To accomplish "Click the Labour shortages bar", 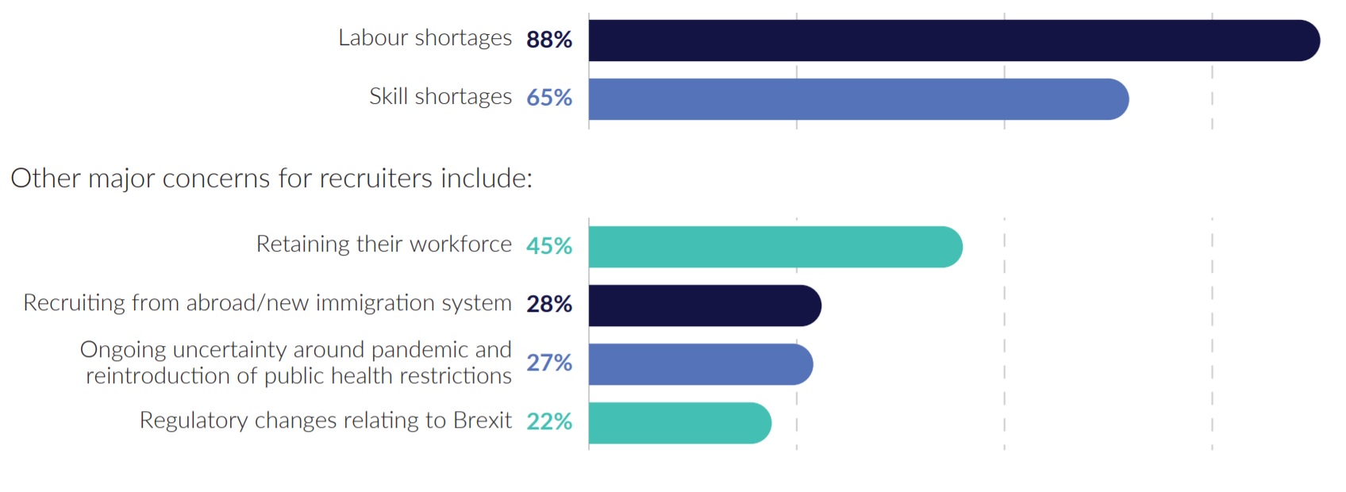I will pos(952,40).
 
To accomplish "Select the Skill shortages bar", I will pos(857,99).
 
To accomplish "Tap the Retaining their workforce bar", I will pos(775,247).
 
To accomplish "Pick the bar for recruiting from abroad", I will pos(704,306).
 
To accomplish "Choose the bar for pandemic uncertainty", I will pos(700,364).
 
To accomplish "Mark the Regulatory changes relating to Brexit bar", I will pos(679,423).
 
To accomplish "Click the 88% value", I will pos(549,40).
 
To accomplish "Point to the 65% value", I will pos(549,98).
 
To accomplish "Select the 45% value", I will pos(549,246).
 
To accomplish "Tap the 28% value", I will pos(549,304).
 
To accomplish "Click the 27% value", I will pos(549,363).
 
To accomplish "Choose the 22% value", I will pos(549,421).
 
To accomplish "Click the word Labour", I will pos(373,38).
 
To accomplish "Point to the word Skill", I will pos(389,97).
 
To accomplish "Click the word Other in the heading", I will pos(45,179).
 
